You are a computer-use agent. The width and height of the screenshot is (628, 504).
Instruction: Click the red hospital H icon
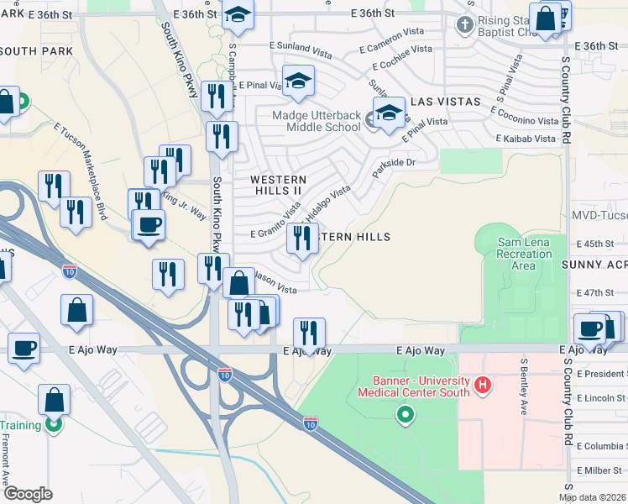tap(482, 386)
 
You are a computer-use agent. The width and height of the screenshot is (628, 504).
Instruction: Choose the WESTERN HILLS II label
tap(279, 185)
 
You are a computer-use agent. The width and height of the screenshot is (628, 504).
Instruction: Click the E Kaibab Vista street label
tap(526, 139)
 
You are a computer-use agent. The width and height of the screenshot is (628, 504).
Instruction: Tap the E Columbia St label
tap(601, 446)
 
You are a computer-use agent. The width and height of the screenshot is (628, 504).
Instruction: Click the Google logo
tap(28, 494)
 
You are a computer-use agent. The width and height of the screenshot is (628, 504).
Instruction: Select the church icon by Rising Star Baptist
tap(464, 25)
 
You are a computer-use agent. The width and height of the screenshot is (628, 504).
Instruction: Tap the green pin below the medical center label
tap(406, 415)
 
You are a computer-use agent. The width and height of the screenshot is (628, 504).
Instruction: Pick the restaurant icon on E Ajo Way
tap(310, 333)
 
